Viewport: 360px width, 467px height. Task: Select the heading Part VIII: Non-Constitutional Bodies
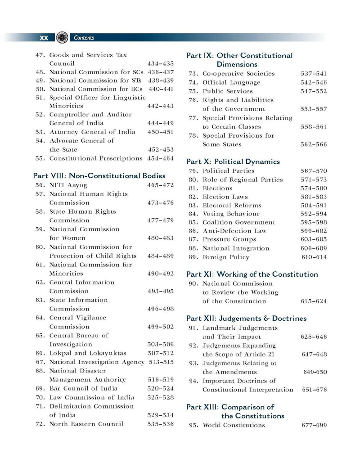[99, 176]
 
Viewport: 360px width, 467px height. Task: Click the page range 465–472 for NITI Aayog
[160, 185]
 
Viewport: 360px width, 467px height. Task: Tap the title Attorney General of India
[92, 132]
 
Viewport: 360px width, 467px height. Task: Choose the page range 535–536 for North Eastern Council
[161, 424]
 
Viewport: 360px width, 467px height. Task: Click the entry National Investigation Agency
[97, 362]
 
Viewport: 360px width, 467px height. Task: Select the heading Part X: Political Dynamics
[233, 162]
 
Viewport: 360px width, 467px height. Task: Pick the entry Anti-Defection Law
[234, 231]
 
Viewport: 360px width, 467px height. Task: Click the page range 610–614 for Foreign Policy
[314, 257]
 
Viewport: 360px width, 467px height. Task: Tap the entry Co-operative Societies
[238, 73]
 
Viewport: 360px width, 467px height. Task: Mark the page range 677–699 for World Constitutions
[314, 425]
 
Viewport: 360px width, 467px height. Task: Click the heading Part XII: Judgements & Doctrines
[246, 319]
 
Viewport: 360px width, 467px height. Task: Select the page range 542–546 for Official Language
[314, 82]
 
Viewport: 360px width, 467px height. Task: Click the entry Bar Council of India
[83, 388]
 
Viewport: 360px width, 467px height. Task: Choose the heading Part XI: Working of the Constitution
[252, 274]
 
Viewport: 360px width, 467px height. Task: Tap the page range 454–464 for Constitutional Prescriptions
[161, 158]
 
